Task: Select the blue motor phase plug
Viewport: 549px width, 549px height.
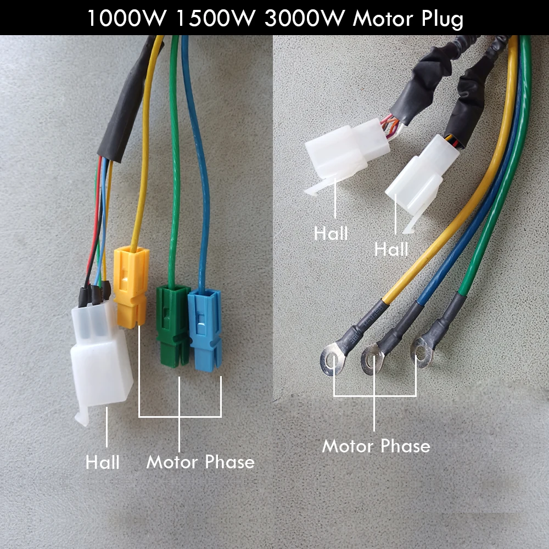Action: click(204, 329)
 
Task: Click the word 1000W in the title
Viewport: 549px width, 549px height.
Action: click(127, 18)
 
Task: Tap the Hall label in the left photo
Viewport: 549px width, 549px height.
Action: click(103, 462)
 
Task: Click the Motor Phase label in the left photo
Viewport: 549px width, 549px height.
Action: click(200, 462)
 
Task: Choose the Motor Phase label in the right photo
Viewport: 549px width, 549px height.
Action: click(376, 446)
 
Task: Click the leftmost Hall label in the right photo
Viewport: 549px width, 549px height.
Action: click(331, 233)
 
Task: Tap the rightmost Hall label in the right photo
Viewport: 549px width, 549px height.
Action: click(391, 250)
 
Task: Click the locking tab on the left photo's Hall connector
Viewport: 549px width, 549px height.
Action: click(81, 417)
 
